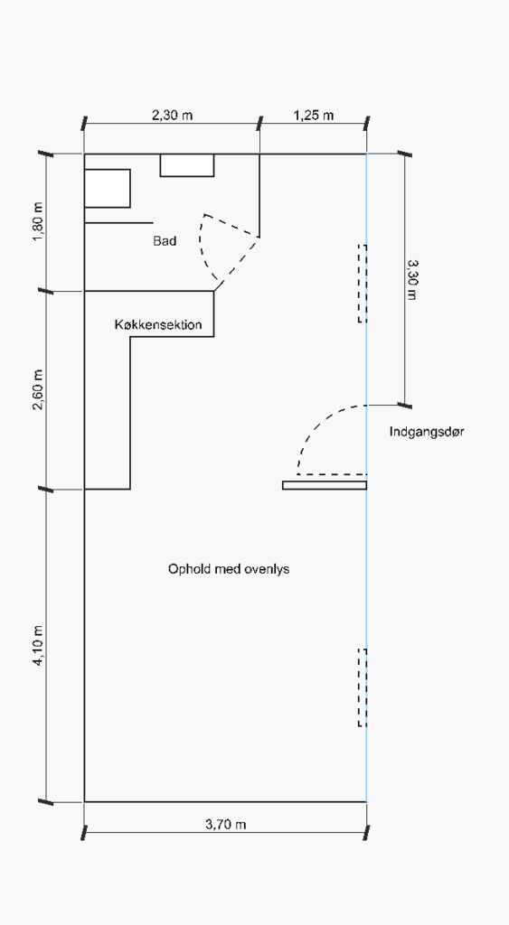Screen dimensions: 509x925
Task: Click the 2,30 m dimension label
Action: (173, 115)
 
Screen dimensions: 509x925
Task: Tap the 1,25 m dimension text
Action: (314, 115)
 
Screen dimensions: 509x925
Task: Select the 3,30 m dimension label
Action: (411, 280)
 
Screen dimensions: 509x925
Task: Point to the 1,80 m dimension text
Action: (39, 222)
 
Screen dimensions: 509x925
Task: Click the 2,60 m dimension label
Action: (39, 390)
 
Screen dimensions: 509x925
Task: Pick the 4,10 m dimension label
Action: (39, 646)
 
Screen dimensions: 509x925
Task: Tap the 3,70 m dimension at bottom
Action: (225, 824)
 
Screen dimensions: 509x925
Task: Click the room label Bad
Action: (165, 240)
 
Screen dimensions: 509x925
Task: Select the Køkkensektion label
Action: (158, 324)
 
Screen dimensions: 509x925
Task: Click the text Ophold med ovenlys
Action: (229, 569)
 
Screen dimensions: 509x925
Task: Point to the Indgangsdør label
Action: (427, 432)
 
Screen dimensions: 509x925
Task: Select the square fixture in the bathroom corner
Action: (108, 188)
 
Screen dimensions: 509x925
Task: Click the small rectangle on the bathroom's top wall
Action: (187, 165)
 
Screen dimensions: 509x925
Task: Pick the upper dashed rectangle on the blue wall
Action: (363, 284)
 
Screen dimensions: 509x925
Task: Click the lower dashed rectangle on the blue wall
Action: (363, 687)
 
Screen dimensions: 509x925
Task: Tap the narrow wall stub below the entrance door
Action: (325, 485)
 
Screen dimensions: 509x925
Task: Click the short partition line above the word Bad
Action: (118, 223)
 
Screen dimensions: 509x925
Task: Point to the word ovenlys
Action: (267, 569)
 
